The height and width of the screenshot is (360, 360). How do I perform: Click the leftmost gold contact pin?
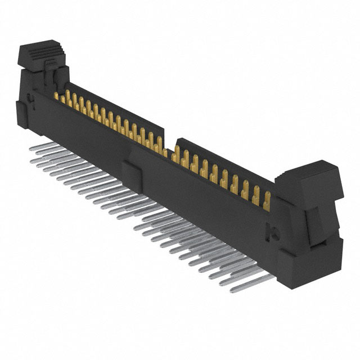[56, 97]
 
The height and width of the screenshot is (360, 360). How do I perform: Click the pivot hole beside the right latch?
[275, 229]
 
